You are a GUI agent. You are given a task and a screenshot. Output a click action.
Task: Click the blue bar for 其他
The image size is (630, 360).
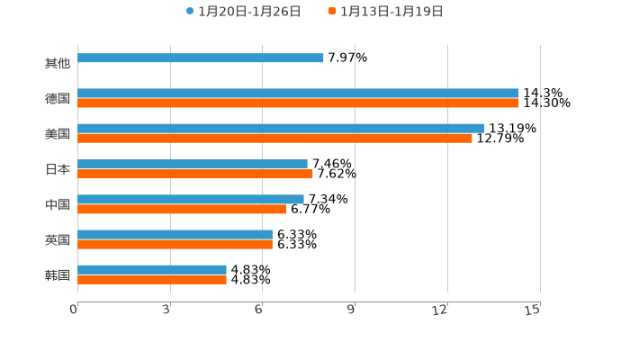(x=201, y=58)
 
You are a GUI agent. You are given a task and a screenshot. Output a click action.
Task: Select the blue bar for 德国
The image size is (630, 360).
(x=298, y=94)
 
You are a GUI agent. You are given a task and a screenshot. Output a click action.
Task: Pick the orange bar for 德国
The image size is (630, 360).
(x=298, y=103)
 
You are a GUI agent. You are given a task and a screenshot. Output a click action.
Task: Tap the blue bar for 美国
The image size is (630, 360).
(x=281, y=129)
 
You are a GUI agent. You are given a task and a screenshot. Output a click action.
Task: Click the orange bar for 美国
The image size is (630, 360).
(x=274, y=139)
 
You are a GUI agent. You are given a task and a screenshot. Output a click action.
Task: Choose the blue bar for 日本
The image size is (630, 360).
(x=193, y=165)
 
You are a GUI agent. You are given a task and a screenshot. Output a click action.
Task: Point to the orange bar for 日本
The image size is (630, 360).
(x=195, y=175)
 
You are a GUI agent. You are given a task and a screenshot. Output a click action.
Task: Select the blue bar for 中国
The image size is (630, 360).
(x=191, y=200)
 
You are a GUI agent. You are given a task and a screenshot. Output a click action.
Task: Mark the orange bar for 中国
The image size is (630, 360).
(x=182, y=210)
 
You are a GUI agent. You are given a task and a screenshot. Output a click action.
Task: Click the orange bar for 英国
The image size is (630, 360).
(x=175, y=245)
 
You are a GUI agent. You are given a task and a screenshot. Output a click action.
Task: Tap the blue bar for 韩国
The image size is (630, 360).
(x=152, y=270)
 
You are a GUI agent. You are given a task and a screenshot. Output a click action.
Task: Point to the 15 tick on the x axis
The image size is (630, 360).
(x=533, y=310)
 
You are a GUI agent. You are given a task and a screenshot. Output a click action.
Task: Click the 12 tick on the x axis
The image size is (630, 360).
(x=440, y=310)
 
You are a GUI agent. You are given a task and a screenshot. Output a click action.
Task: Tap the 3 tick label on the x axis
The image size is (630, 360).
(x=166, y=310)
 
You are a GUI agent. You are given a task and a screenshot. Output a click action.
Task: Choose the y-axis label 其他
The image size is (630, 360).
(x=58, y=64)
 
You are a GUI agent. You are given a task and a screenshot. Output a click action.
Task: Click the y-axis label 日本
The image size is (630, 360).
(x=58, y=169)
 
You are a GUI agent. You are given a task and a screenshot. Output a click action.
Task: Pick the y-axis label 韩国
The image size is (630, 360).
(x=58, y=274)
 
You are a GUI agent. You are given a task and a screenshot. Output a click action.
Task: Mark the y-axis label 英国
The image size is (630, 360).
(x=58, y=239)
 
